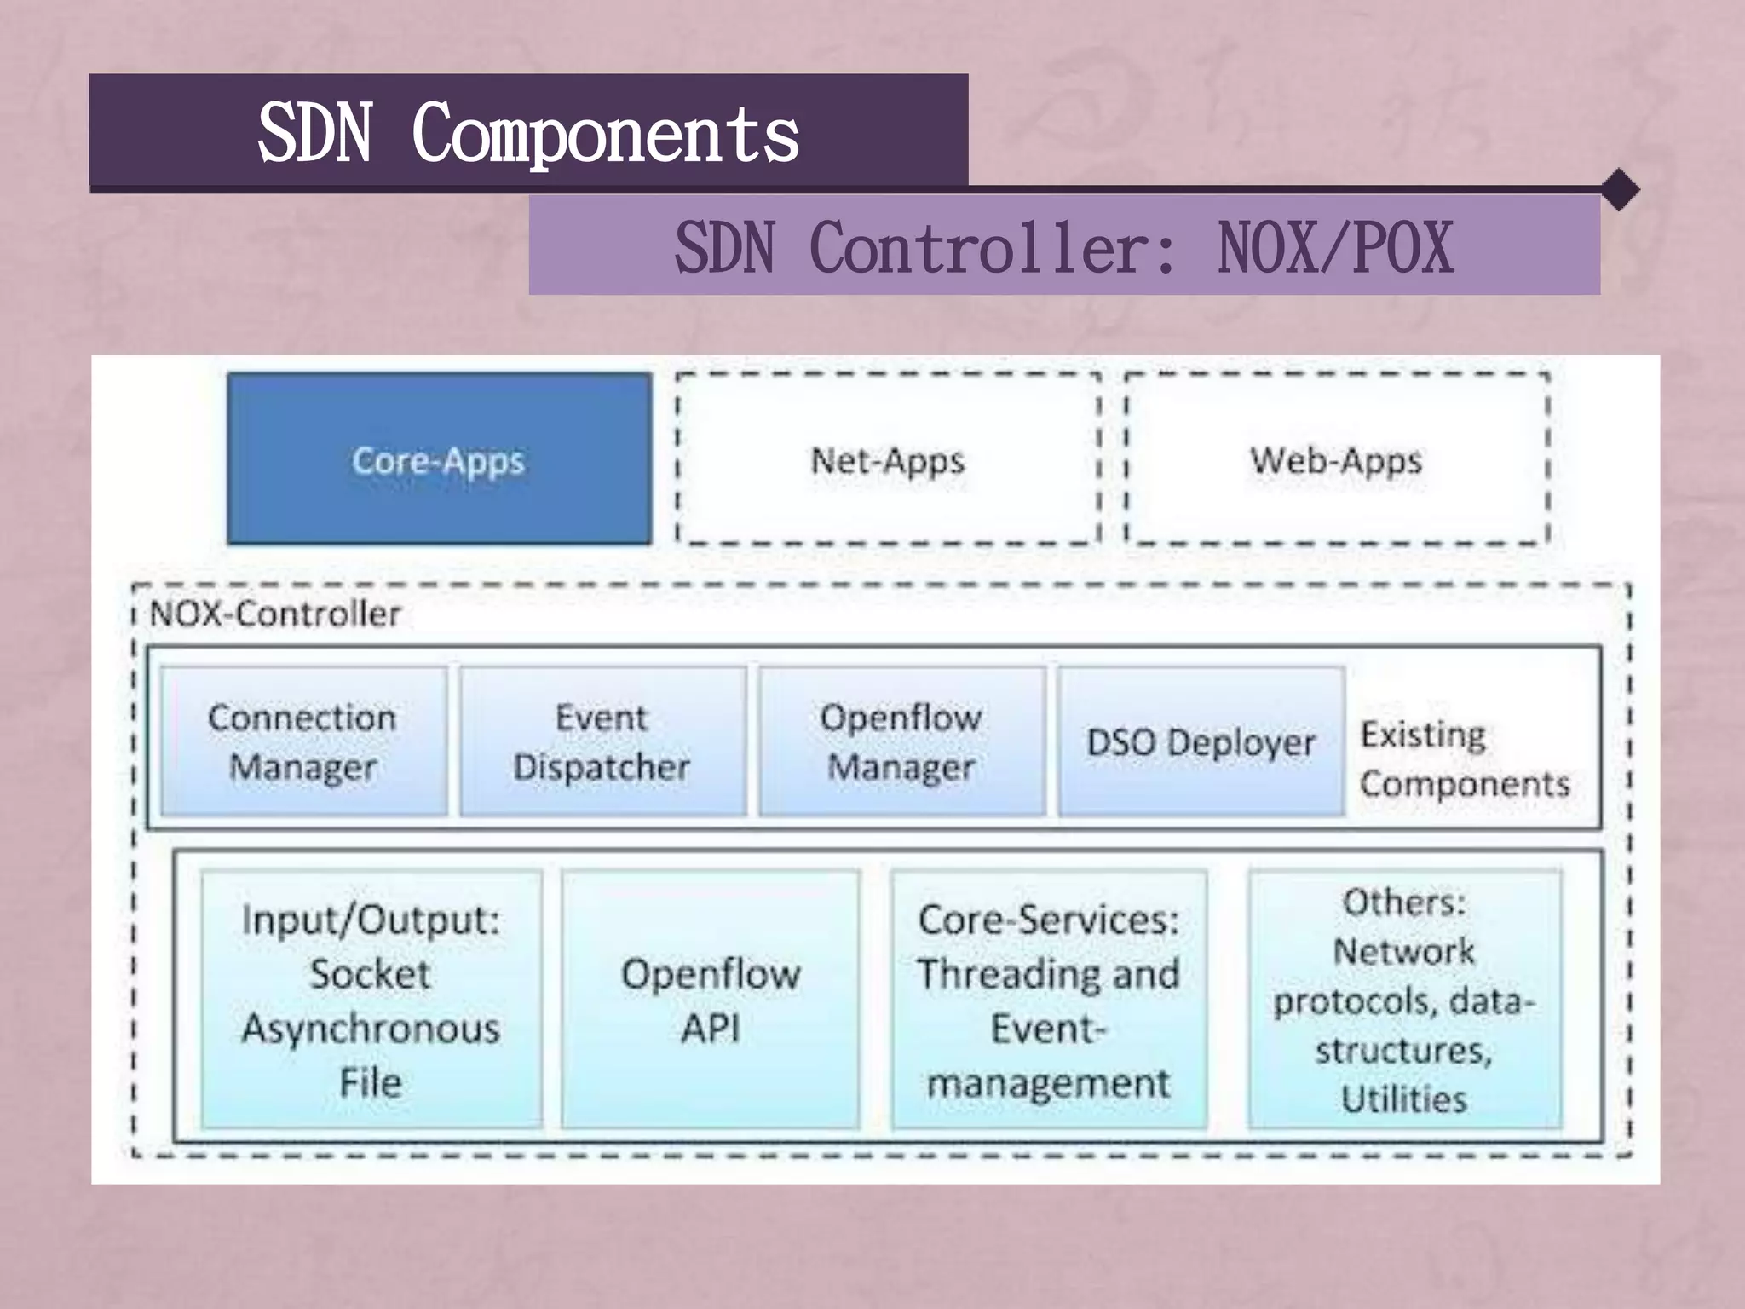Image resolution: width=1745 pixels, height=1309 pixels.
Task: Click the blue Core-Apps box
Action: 439,458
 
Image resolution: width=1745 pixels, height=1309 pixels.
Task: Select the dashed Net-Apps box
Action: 887,458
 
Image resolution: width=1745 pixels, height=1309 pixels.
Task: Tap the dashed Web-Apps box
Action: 1336,458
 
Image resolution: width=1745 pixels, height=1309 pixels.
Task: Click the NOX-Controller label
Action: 274,614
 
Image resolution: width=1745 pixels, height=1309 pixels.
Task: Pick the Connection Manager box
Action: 303,741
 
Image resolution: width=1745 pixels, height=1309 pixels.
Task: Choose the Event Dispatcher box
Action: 602,741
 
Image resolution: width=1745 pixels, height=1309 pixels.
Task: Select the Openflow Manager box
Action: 901,741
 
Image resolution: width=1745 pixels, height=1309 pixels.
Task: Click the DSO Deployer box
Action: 1201,741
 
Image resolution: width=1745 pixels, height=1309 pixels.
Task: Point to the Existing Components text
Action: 1464,758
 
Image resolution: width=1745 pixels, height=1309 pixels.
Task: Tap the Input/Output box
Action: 371,1000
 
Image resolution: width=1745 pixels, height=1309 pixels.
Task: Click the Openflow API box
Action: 711,1000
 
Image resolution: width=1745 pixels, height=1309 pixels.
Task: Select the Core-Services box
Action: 1048,1000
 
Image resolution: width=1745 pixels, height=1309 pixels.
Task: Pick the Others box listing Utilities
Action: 1404,1000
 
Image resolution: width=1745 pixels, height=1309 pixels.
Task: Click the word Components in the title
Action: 605,134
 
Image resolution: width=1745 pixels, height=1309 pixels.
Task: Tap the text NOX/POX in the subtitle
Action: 1335,248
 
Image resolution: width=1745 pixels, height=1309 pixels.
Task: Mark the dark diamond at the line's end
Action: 1620,190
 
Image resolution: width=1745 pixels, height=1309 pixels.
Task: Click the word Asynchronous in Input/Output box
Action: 371,1028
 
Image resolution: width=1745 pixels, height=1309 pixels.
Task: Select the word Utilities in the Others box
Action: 1404,1099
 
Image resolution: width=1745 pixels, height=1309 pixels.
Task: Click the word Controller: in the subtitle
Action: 993,248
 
